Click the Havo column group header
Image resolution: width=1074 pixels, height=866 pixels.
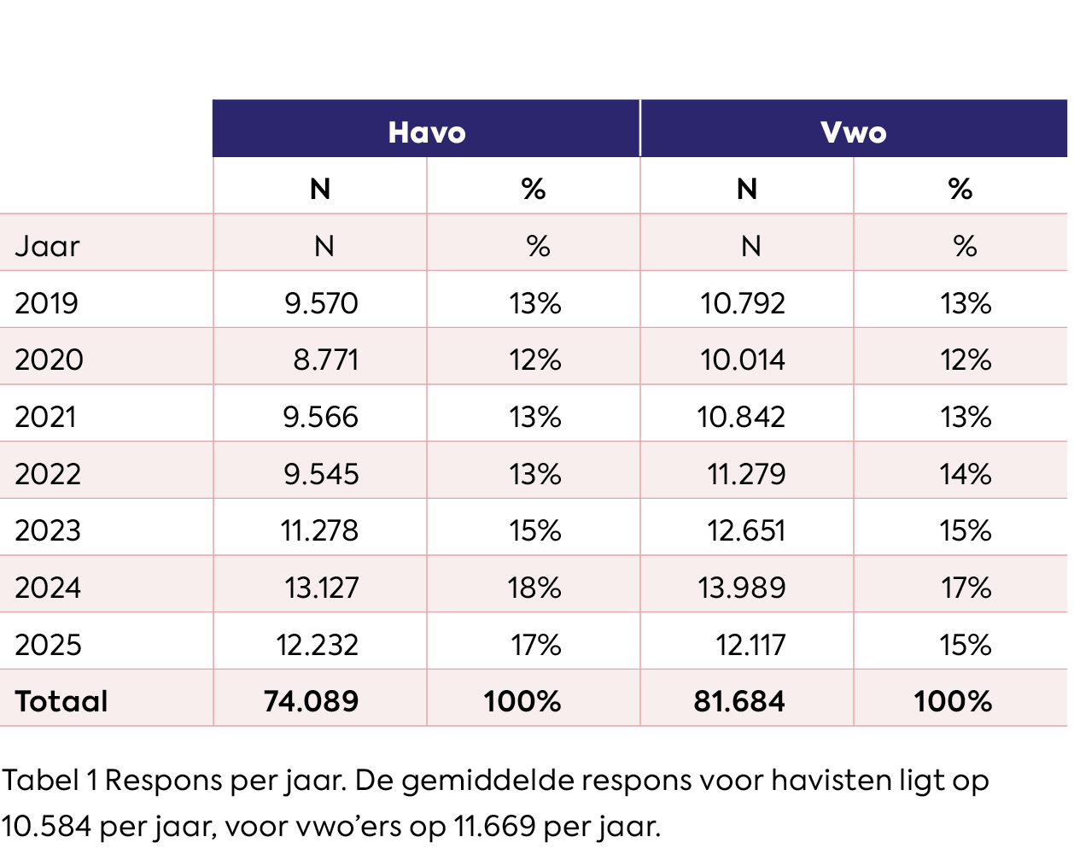[x=427, y=132]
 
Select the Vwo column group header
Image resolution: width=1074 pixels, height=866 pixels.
[x=853, y=132]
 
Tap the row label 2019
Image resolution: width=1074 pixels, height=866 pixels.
[x=46, y=303]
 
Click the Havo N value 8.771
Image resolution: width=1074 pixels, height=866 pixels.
[x=325, y=360]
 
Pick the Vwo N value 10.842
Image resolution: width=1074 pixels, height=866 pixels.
[x=741, y=417]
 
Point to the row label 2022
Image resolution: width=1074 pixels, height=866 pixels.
[x=48, y=474]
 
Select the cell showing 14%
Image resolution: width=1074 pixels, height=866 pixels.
[x=966, y=474]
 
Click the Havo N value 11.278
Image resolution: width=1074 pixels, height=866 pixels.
[x=319, y=530]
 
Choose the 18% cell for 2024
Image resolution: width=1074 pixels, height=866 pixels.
[x=535, y=588]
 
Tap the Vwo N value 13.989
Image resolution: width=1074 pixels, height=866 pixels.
[x=741, y=588]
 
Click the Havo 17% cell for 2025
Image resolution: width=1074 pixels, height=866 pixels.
[x=536, y=645]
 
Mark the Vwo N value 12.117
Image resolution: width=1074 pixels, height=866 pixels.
[x=750, y=645]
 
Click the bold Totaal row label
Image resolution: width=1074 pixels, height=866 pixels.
[x=61, y=701]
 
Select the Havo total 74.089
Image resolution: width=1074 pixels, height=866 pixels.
[x=311, y=701]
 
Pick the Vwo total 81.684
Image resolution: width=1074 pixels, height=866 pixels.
[x=739, y=701]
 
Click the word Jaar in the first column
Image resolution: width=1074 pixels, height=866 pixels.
[x=47, y=246]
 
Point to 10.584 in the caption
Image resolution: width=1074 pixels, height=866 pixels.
[x=46, y=826]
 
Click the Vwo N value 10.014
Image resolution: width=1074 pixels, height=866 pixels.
[x=742, y=360]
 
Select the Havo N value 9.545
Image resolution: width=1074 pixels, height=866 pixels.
[x=321, y=474]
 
